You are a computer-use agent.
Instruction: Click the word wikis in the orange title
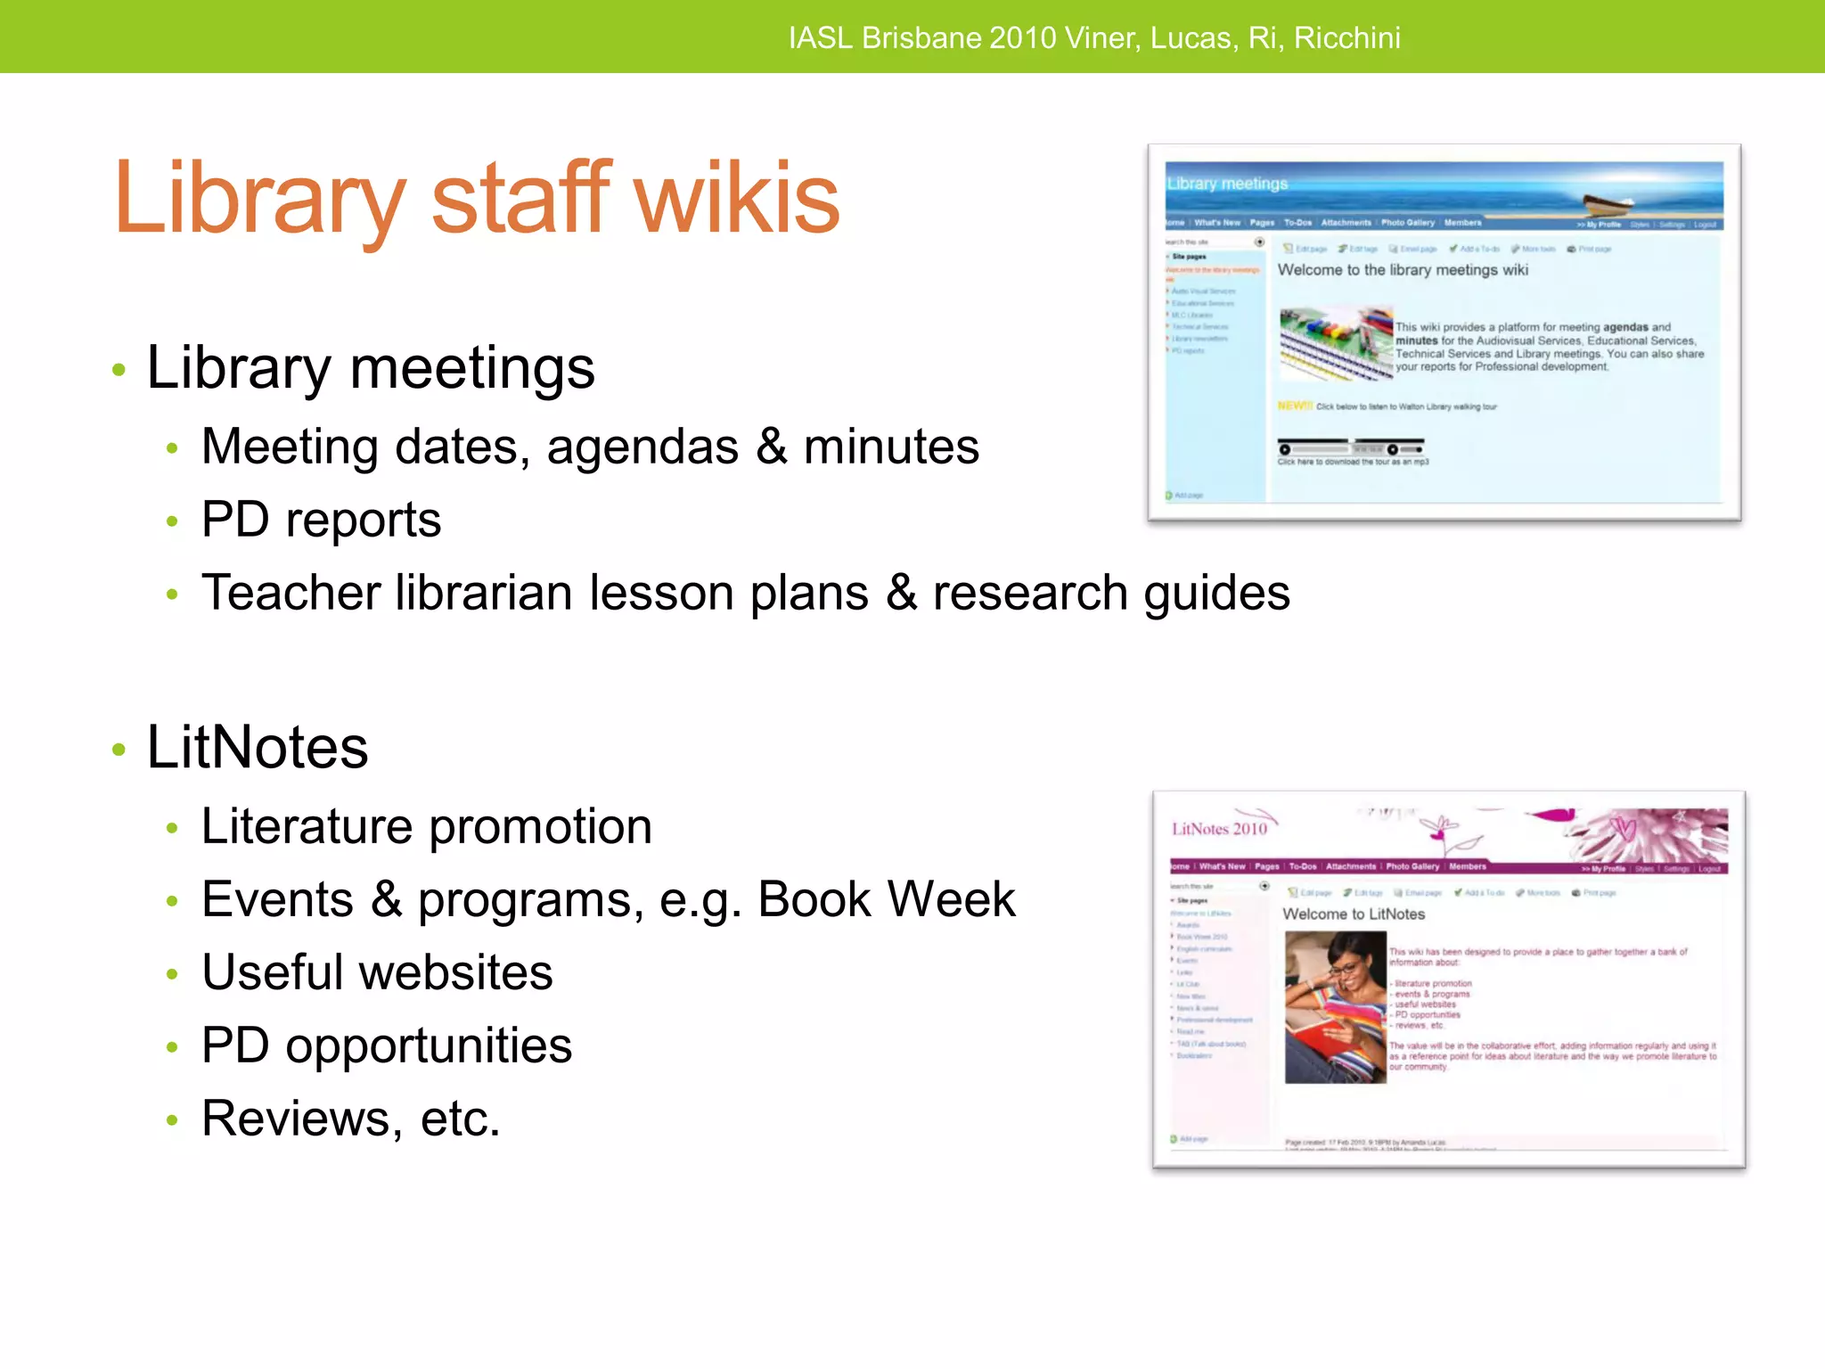coord(736,198)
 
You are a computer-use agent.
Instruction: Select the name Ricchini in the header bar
coord(1346,37)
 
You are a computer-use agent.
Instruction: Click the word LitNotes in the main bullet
coord(258,747)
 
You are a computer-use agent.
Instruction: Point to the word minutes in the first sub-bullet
coord(891,447)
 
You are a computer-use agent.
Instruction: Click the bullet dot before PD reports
coord(172,521)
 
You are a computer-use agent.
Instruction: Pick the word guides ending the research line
coord(1216,594)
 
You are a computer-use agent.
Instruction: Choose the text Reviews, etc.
coord(350,1119)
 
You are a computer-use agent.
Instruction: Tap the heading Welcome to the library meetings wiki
coord(1403,270)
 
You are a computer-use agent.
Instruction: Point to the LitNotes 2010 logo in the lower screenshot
coord(1219,829)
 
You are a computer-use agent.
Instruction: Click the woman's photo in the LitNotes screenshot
coord(1335,1007)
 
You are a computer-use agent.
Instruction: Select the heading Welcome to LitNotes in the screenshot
coord(1353,914)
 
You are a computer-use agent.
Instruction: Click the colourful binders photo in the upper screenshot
coord(1335,343)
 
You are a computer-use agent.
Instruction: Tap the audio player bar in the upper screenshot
coord(1350,448)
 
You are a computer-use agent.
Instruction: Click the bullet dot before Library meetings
coord(119,370)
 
